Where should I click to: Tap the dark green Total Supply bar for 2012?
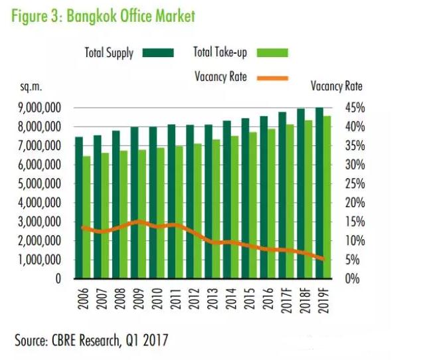coord(189,199)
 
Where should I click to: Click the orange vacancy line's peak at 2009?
coord(137,221)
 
